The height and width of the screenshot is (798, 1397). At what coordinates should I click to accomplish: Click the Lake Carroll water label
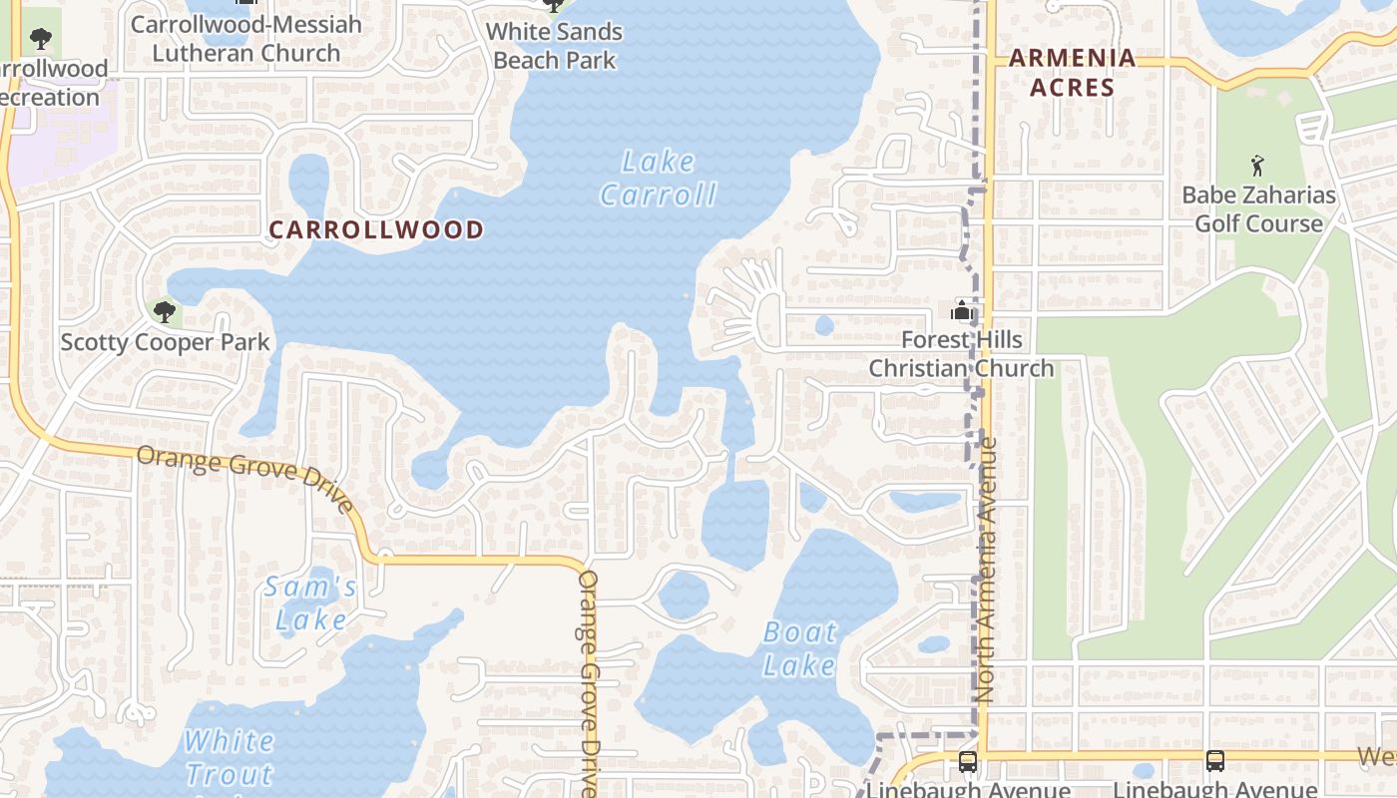tap(658, 178)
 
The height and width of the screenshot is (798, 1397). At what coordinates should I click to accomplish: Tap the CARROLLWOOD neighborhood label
tap(376, 229)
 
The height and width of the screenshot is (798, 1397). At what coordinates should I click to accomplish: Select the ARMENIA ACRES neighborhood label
tap(1073, 73)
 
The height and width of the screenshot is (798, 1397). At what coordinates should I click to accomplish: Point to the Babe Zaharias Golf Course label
tap(1258, 209)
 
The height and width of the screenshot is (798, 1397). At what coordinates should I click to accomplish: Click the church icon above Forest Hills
tap(962, 310)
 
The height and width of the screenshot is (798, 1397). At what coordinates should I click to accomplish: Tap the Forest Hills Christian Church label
tap(961, 354)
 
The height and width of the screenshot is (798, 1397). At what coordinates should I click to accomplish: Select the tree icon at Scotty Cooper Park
tap(165, 311)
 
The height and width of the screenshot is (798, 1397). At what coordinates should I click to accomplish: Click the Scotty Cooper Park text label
tap(165, 343)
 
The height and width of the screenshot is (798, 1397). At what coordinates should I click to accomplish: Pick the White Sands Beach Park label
tap(555, 46)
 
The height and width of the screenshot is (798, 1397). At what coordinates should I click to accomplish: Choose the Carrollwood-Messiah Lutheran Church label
tap(246, 38)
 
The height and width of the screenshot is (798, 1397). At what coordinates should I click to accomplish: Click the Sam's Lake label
tap(310, 603)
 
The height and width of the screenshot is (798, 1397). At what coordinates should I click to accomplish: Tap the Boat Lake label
tap(800, 648)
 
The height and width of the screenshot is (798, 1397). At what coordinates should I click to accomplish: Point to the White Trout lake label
tap(230, 757)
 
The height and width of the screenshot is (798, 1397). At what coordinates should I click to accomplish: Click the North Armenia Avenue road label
tap(988, 569)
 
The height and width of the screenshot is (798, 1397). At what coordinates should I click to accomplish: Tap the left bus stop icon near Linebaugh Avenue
tap(967, 762)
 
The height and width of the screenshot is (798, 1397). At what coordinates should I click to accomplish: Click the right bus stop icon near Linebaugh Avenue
tap(1214, 760)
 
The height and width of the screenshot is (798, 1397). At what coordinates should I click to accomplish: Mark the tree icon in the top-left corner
tap(41, 39)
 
